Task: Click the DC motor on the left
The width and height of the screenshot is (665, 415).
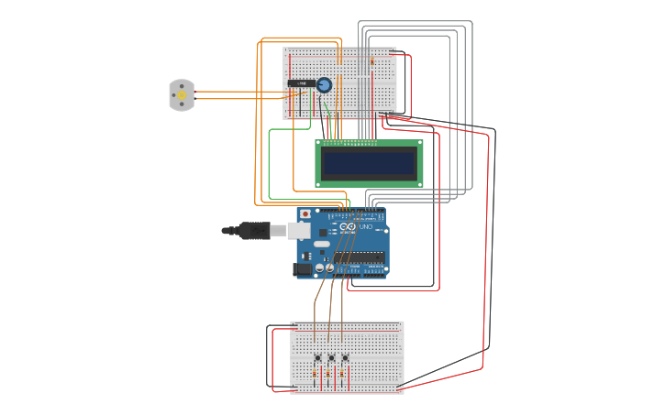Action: tap(182, 95)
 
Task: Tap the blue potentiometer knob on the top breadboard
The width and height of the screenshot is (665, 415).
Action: tap(324, 85)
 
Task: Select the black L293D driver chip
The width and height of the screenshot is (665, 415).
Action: tap(301, 83)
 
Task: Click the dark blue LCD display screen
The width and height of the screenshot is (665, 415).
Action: tap(369, 164)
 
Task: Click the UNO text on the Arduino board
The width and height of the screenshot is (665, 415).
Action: tap(366, 227)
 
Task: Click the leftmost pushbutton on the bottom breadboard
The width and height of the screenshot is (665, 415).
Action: tap(317, 357)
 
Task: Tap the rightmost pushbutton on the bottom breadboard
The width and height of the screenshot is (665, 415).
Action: tap(345, 357)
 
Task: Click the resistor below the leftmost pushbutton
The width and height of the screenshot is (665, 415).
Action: tap(315, 374)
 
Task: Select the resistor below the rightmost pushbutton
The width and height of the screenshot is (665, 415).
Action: tap(342, 374)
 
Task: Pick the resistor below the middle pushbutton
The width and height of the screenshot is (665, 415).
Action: tap(328, 374)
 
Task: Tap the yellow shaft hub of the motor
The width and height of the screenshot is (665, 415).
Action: tap(182, 95)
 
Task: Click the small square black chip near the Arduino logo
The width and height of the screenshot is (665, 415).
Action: tap(323, 233)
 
